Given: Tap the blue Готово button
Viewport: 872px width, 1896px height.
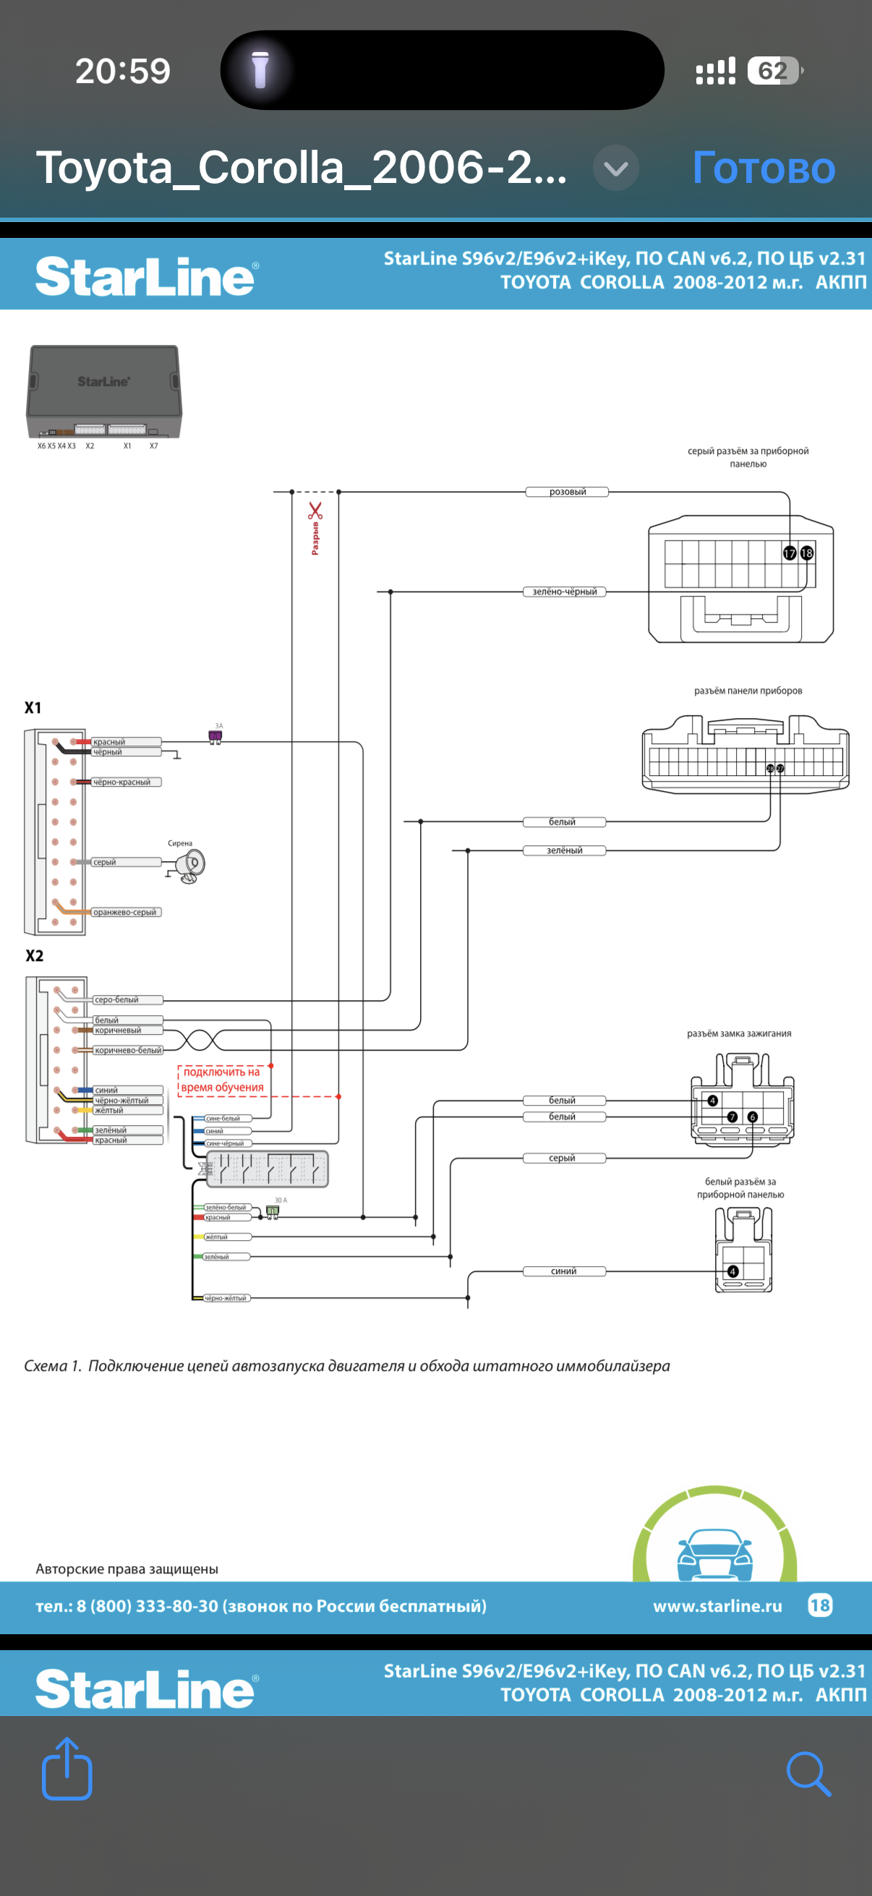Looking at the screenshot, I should pyautogui.click(x=763, y=168).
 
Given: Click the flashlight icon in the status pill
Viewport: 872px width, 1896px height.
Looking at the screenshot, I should pyautogui.click(x=260, y=71).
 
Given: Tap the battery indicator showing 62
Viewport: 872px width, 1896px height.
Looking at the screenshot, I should pyautogui.click(x=774, y=71).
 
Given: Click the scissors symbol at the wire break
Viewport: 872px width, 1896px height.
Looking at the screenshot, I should pyautogui.click(x=316, y=510).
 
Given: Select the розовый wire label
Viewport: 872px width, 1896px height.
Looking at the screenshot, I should pyautogui.click(x=567, y=492).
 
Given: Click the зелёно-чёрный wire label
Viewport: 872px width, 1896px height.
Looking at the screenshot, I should pyautogui.click(x=565, y=592).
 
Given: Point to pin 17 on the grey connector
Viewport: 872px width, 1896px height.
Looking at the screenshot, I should pyautogui.click(x=790, y=553).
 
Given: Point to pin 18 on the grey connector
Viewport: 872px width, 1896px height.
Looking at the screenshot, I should pyautogui.click(x=807, y=552).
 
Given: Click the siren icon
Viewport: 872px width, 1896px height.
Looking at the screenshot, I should pyautogui.click(x=192, y=865).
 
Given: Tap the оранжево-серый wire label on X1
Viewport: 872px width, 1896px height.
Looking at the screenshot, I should pyautogui.click(x=125, y=912).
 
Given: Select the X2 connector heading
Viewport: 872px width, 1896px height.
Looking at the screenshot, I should pyautogui.click(x=35, y=955).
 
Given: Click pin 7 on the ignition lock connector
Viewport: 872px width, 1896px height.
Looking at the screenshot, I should pyautogui.click(x=732, y=1116).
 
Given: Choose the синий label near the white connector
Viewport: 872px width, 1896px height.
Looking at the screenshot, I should pyautogui.click(x=564, y=1271).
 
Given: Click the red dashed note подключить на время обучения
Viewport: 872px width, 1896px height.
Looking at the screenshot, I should pyautogui.click(x=222, y=1080).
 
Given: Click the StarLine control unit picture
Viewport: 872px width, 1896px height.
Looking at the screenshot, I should pyautogui.click(x=103, y=392).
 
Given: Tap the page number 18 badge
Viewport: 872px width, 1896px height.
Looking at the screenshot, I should pyautogui.click(x=820, y=1605).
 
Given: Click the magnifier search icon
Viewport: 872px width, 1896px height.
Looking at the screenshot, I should pyautogui.click(x=808, y=1774).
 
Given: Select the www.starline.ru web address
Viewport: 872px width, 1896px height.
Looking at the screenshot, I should pyautogui.click(x=717, y=1606).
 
